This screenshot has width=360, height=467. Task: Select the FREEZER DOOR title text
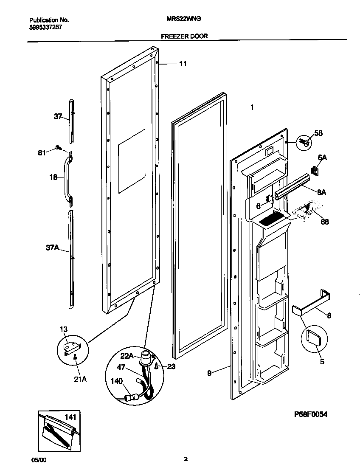[x=184, y=37]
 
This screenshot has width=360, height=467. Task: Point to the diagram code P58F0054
[x=311, y=414]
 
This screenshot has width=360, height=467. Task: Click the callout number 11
[x=183, y=64]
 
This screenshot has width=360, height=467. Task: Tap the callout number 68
[x=325, y=222]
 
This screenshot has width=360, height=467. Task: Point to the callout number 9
[x=209, y=374]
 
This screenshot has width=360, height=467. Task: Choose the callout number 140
[x=117, y=382]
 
